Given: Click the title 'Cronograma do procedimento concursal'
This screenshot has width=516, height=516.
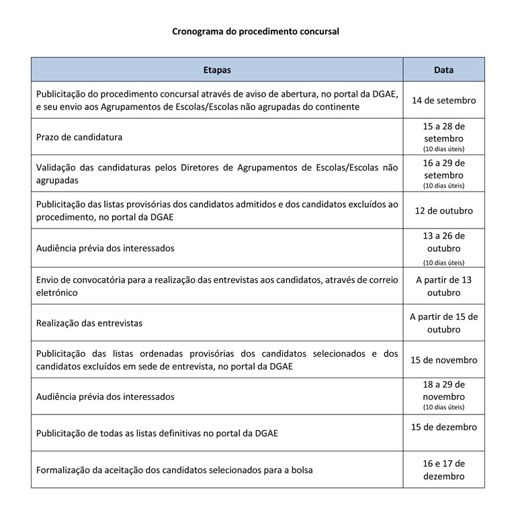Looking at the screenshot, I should tap(256, 31).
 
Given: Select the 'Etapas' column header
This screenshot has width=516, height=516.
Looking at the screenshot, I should tap(217, 70).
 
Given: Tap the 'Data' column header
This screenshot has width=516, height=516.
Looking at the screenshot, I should tap(443, 70).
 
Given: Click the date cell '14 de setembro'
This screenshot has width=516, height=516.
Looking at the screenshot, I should tap(443, 101).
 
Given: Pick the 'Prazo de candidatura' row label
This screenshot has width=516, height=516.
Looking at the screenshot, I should tap(79, 137).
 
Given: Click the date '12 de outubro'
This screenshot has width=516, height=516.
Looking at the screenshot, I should tap(443, 211).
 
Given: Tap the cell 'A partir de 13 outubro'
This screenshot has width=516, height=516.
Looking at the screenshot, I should tap(443, 286).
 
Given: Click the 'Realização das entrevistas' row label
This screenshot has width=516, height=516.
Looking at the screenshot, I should tap(89, 323).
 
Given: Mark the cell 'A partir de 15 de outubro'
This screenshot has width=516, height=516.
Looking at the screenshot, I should tap(443, 323).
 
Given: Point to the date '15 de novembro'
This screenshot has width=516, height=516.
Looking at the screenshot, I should tap(443, 360).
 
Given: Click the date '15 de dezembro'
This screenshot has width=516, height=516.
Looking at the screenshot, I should tap(443, 427).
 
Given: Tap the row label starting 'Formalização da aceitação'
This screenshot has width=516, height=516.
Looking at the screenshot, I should tap(174, 470).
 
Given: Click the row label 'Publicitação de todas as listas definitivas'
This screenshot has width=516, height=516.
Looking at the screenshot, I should tap(157, 433).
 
